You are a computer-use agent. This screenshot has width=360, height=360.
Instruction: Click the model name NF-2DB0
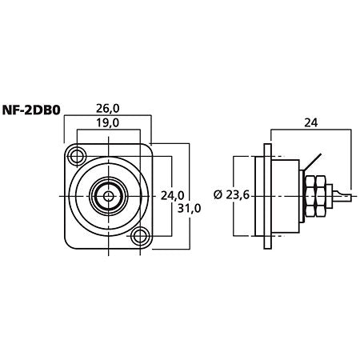pos(31,110)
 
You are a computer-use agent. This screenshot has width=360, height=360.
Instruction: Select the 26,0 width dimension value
pos(108,109)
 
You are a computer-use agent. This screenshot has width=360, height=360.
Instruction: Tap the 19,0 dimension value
pos(108,123)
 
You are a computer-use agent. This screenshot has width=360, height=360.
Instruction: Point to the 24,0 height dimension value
pos(172,196)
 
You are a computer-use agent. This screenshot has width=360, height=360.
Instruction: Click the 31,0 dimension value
pos(189,208)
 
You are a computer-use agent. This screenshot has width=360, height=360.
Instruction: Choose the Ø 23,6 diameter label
pos(231,195)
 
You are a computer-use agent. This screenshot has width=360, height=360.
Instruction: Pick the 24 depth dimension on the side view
pos(311,122)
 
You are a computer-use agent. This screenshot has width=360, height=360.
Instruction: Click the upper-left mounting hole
pos(77,156)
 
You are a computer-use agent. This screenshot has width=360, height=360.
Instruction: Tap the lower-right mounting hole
pos(140,236)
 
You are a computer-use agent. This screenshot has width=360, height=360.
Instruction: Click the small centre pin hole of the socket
pos(108,197)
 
